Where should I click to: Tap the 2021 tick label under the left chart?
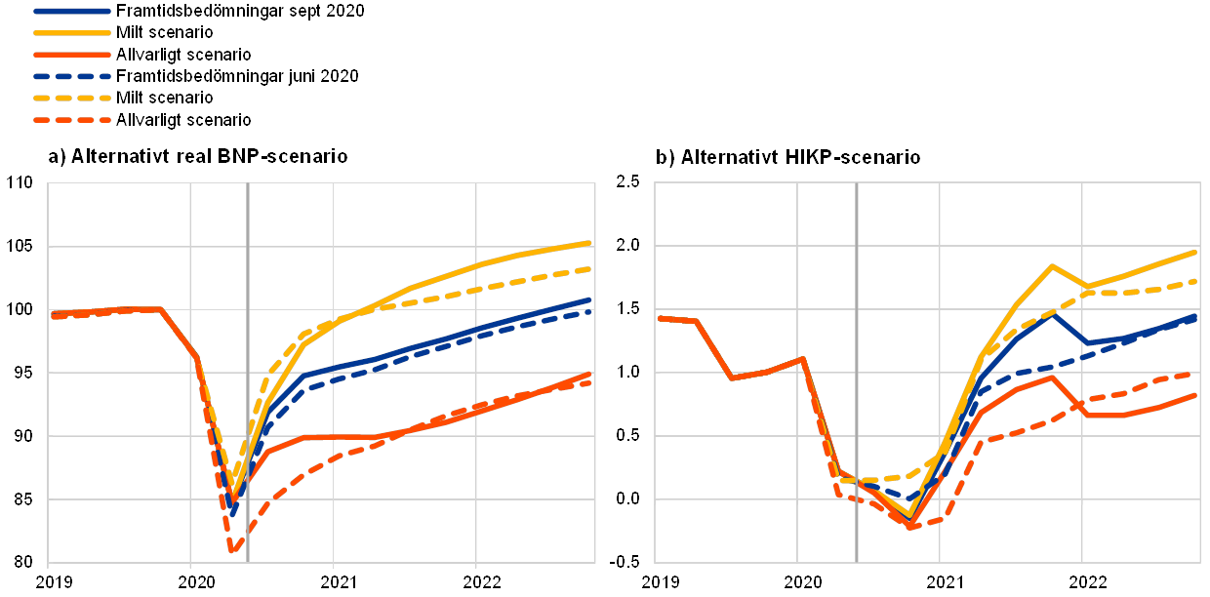[x=333, y=581]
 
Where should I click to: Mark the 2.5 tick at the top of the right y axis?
[x=628, y=181]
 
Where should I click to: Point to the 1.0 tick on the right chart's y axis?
[x=628, y=372]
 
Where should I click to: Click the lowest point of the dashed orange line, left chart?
[x=232, y=551]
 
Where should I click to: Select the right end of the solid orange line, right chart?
[x=1196, y=394]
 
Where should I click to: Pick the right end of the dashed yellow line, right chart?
[x=1196, y=281]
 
